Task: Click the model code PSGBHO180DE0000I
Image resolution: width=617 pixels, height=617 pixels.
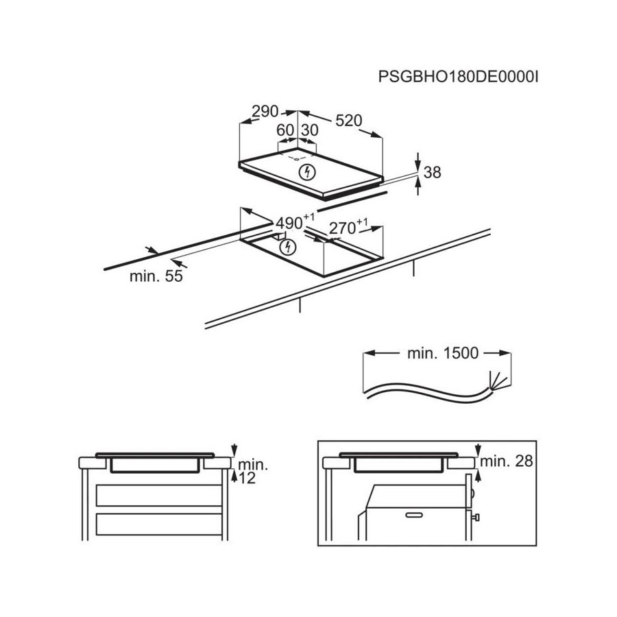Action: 458,76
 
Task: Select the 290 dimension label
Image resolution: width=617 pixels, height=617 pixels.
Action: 265,112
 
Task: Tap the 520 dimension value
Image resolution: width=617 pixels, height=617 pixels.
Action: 349,121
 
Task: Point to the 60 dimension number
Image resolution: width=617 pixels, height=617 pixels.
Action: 285,130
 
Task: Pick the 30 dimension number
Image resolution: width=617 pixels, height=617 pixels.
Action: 310,130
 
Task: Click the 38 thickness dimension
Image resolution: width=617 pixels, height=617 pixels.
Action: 433,172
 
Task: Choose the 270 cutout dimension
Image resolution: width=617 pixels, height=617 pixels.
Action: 348,227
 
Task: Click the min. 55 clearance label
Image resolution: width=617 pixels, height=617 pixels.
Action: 156,276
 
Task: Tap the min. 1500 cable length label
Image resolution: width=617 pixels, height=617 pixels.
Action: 443,353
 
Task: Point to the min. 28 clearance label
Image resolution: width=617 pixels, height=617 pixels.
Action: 507,461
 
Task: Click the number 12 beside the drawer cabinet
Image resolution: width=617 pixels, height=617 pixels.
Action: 247,478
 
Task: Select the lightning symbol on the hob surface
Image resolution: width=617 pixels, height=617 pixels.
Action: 307,172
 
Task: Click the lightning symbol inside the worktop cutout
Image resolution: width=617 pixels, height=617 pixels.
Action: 287,247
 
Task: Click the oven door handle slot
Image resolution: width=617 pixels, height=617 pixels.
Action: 414,515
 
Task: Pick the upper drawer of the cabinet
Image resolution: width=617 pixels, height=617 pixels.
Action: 159,496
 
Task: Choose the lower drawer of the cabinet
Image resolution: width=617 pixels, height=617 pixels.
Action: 159,524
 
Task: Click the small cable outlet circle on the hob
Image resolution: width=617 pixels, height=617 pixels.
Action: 296,159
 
